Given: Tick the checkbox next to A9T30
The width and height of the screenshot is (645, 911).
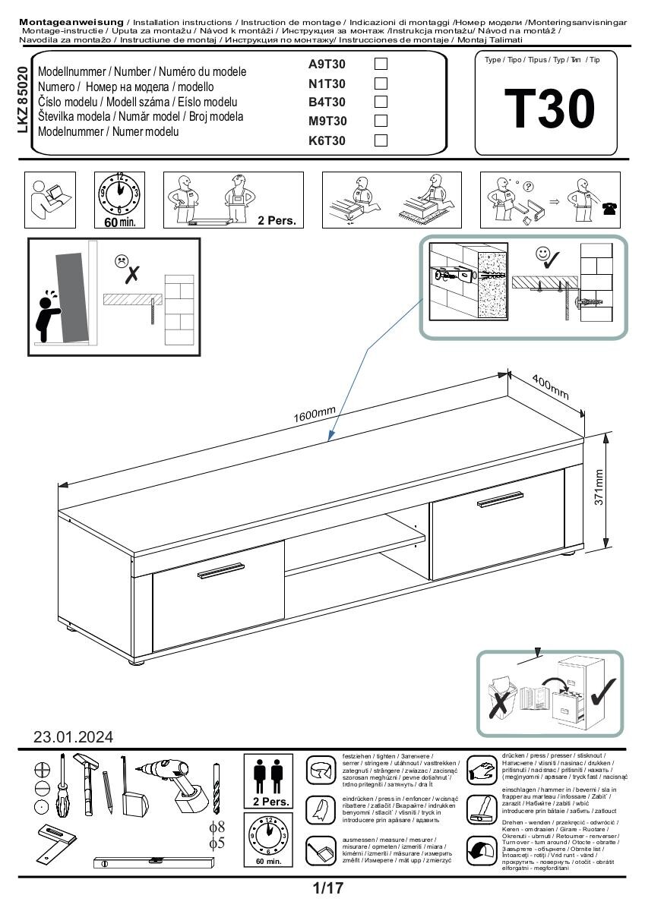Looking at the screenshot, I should pos(381,65).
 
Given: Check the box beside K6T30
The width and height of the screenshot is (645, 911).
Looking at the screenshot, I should pos(381,140).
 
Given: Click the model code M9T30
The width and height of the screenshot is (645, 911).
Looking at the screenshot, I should pos(327,121).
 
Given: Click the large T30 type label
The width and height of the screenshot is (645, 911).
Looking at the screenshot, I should pos(549,109).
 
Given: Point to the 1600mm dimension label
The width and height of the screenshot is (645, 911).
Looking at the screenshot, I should pos(314,415).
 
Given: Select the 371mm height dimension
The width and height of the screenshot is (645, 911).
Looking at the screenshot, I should pos(599,487).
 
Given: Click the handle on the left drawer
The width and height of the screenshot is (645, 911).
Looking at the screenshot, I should pos(221,570).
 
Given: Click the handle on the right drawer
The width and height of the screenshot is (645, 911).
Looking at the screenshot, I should pos(501,498).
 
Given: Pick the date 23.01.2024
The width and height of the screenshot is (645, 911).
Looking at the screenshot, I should pos(73,736).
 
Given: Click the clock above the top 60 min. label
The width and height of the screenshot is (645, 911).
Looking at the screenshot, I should pos(119,194).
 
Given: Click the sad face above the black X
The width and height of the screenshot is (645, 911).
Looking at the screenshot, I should pos(122,260).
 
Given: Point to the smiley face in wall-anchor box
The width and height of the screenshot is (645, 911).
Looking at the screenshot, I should pos(542,254).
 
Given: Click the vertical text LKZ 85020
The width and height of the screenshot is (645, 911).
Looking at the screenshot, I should pos(22,100).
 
